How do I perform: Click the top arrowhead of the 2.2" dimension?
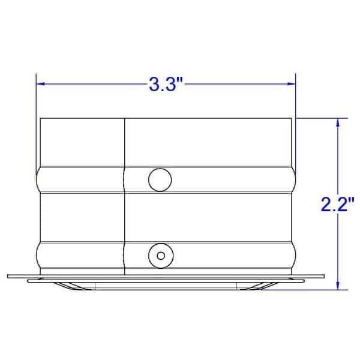pos(339,122)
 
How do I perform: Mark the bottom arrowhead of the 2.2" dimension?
pos(339,286)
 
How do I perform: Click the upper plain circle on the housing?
pos(160,179)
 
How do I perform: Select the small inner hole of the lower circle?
pos(160,255)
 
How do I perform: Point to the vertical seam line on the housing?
pos(124,144)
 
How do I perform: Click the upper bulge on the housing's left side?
pos(38,179)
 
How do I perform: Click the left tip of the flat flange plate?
pos(8,276)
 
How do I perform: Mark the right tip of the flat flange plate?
pos(323,276)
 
